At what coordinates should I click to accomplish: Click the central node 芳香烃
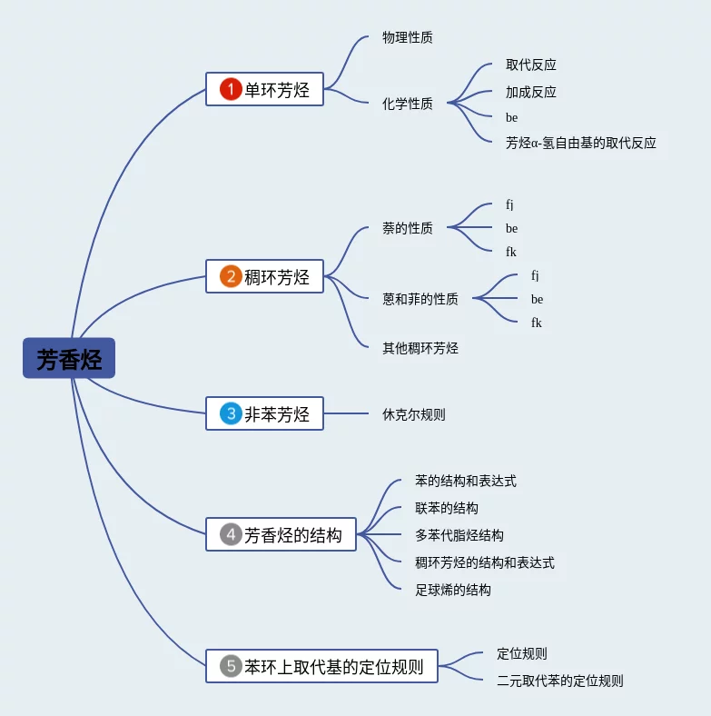click(x=69, y=359)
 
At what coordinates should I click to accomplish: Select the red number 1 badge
click(x=231, y=89)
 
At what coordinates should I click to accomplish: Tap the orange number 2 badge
click(x=231, y=276)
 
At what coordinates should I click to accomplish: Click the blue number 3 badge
click(x=231, y=413)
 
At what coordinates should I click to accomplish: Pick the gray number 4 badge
click(x=231, y=534)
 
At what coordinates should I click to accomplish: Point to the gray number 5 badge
click(x=231, y=666)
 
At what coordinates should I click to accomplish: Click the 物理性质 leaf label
click(x=408, y=38)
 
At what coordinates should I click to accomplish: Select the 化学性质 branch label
click(x=408, y=104)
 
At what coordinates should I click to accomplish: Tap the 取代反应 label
click(x=531, y=65)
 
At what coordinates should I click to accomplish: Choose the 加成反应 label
click(x=531, y=92)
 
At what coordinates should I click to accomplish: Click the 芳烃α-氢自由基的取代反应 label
click(x=581, y=143)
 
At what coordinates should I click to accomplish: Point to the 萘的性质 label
click(x=408, y=228)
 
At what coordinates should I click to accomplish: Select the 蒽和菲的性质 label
click(x=420, y=299)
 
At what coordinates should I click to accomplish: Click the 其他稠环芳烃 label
click(x=420, y=348)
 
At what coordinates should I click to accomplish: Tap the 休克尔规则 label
click(x=414, y=414)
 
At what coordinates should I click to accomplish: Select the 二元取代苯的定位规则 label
click(x=560, y=681)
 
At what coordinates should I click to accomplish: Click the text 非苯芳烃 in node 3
click(x=277, y=414)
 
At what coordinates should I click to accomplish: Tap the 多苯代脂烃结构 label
click(x=459, y=535)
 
